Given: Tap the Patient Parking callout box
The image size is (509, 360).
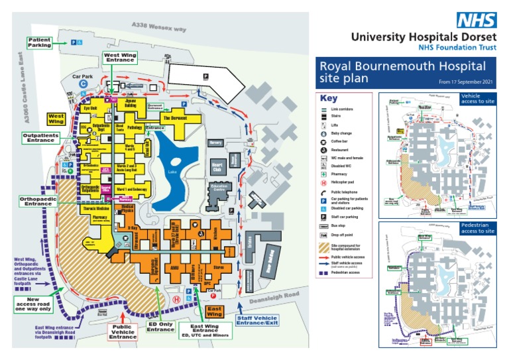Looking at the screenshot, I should [x=39, y=42].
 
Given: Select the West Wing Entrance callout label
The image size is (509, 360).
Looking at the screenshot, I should [x=119, y=58].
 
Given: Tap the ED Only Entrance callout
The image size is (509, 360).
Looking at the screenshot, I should [x=160, y=327].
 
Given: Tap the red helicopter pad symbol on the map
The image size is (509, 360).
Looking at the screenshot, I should [x=175, y=299].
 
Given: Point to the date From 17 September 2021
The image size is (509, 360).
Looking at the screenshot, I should [x=466, y=82].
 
